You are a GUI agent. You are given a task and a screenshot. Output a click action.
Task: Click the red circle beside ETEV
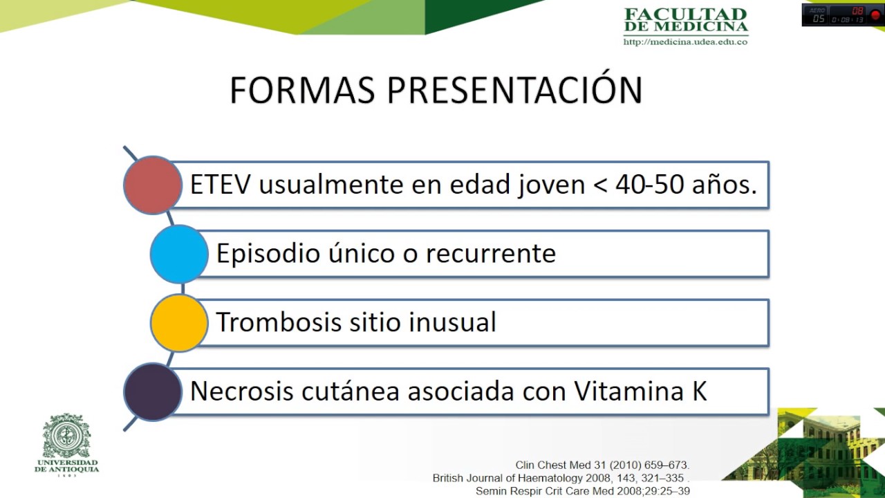click(x=153, y=185)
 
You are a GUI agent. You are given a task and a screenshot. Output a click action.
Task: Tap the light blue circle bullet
click(x=179, y=254)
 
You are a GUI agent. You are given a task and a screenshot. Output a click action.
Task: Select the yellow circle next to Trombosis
click(x=179, y=322)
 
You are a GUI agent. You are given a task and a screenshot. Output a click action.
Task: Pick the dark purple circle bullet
click(x=153, y=391)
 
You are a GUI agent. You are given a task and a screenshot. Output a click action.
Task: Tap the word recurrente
click(x=490, y=254)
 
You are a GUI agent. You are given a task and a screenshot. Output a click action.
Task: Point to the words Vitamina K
click(x=640, y=391)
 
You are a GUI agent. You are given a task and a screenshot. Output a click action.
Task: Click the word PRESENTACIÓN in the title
click(x=514, y=91)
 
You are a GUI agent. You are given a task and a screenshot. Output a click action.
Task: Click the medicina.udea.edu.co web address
click(x=685, y=41)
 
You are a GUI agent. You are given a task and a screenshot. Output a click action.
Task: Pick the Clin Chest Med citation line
click(x=602, y=465)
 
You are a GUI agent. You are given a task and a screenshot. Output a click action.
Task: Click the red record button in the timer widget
click(x=875, y=15)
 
